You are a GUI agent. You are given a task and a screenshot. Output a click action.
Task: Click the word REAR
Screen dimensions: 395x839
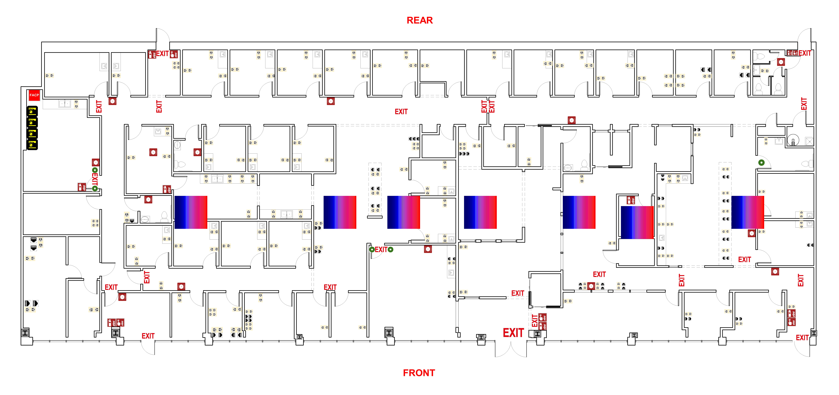pos(419,20)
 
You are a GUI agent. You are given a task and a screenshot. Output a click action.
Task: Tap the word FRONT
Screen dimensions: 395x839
pos(419,373)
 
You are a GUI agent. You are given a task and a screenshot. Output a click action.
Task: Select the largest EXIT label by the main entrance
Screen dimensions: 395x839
pos(513,333)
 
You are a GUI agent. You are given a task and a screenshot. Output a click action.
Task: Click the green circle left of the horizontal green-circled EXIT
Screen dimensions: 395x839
pos(372,250)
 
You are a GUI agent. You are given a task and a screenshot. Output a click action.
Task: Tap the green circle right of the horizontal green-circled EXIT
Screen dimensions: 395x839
pos(391,250)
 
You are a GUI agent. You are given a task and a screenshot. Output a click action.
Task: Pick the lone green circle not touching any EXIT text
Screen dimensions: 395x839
pos(761,162)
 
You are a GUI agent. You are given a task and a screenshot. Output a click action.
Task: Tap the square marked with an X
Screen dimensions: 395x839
pos(810,141)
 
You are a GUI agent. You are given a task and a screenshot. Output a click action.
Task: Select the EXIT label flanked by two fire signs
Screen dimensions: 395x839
pos(162,54)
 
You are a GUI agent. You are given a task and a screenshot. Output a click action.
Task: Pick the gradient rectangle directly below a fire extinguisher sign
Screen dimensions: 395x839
pos(637,222)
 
